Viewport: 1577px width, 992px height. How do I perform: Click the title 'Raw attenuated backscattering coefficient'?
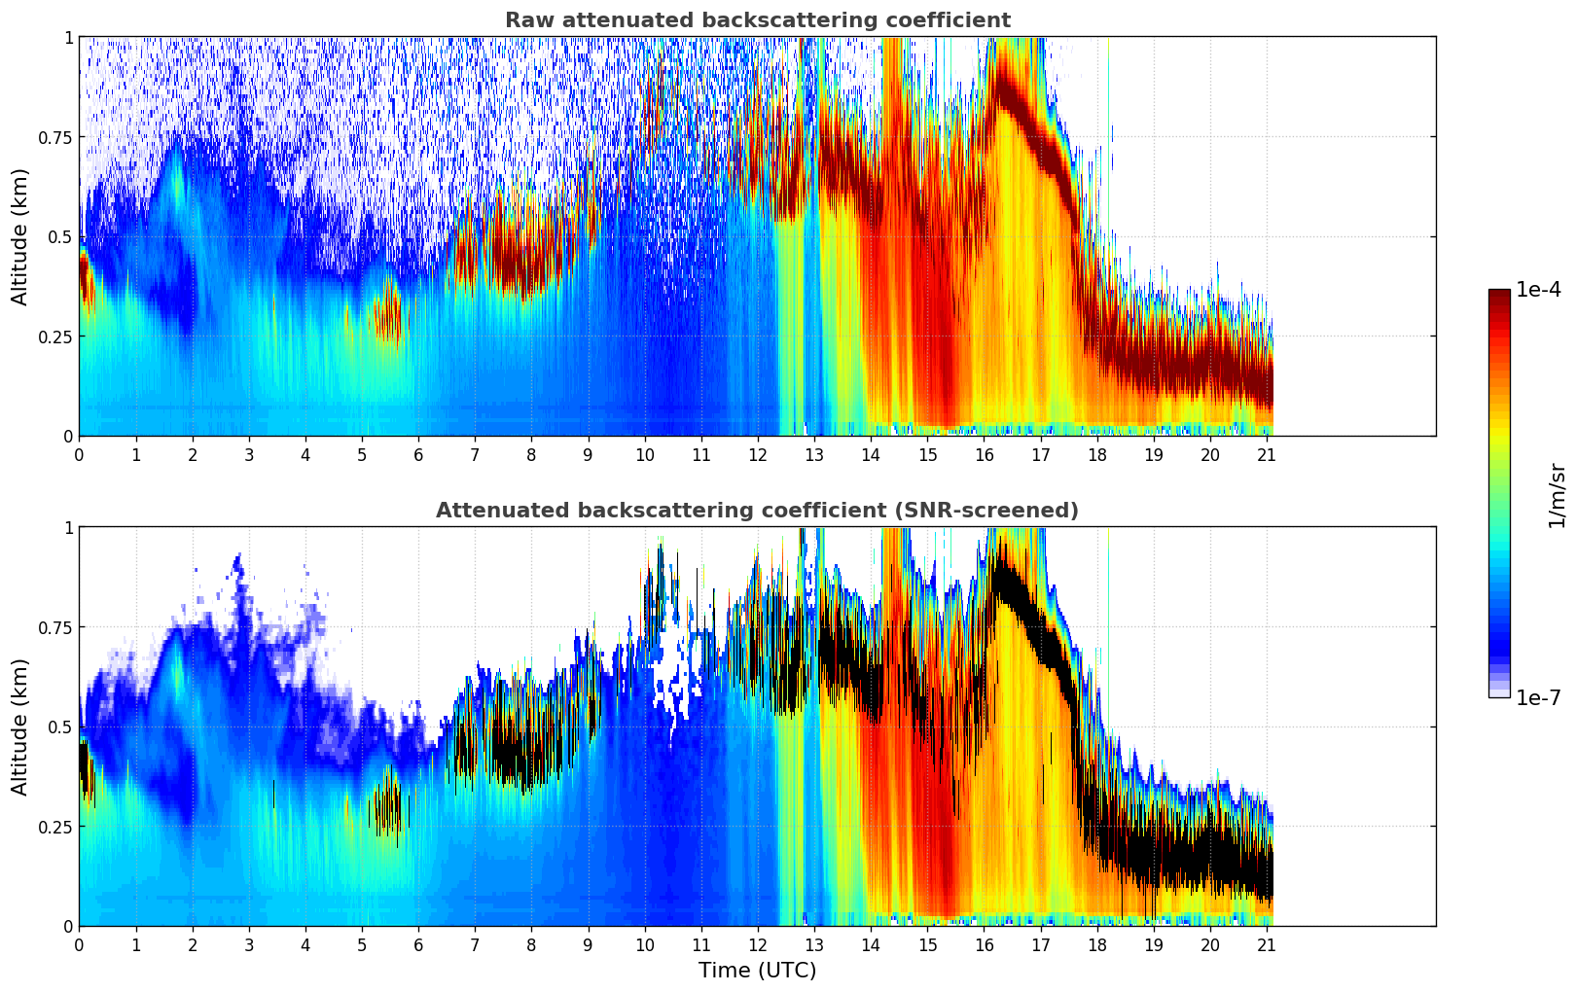click(757, 20)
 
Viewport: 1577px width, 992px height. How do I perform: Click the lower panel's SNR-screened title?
click(757, 511)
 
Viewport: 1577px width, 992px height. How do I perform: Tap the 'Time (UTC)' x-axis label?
click(757, 970)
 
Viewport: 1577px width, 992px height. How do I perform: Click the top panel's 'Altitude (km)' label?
click(20, 236)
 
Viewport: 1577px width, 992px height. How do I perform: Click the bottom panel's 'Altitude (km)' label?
click(20, 726)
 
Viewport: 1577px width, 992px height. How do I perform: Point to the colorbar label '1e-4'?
click(1538, 290)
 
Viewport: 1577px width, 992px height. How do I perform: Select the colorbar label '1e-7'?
click(1538, 697)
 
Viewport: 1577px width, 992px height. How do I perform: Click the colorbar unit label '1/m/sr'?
click(1557, 496)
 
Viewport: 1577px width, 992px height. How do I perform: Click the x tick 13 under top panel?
click(814, 454)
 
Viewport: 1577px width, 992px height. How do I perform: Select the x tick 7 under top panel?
click(475, 454)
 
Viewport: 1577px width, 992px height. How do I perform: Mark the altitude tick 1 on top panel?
click(68, 37)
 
